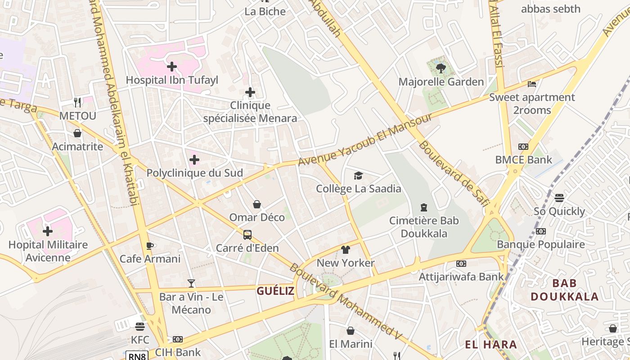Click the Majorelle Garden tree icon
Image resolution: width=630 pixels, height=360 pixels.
[441, 68]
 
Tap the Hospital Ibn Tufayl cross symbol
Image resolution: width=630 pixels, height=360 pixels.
[171, 67]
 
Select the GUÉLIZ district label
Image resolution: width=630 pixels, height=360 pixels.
[275, 291]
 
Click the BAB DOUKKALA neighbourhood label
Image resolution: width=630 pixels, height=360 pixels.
[564, 290]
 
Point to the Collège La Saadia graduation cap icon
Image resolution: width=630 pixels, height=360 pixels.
[358, 175]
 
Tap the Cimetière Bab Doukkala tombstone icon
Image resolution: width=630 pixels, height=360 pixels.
[423, 207]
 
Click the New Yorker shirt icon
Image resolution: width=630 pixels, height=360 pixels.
[346, 250]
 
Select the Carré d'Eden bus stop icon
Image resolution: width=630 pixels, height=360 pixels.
[247, 234]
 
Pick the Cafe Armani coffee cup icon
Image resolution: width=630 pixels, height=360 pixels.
[150, 246]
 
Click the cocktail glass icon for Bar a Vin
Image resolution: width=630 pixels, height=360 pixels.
[191, 283]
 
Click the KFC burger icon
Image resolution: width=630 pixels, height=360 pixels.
[140, 326]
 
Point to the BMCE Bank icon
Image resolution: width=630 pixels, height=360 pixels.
[523, 147]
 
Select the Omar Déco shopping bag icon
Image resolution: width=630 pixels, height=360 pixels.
[257, 204]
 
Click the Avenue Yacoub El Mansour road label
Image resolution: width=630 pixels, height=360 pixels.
[365, 139]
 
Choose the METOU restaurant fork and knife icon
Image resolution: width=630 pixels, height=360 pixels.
[77, 103]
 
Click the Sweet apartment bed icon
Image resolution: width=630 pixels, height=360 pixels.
[532, 84]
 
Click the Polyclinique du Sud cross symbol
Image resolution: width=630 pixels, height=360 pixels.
[194, 160]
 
